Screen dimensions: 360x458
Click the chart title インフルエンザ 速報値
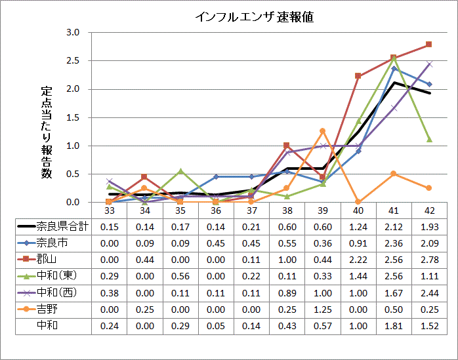(x=254, y=17)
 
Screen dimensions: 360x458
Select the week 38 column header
(x=287, y=210)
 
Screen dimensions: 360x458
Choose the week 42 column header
(x=428, y=210)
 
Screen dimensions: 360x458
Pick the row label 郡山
(x=47, y=259)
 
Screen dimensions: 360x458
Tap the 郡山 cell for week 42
(x=428, y=259)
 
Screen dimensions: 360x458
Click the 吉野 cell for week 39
(x=322, y=308)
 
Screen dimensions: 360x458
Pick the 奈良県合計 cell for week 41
(x=393, y=227)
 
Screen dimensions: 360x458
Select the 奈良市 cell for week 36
(x=216, y=243)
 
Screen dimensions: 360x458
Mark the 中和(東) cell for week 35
(x=180, y=275)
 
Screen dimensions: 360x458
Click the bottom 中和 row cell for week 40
(x=358, y=325)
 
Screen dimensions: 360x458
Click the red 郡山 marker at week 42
(x=428, y=45)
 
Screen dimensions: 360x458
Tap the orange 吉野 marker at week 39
(x=322, y=131)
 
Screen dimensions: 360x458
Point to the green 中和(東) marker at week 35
(x=180, y=170)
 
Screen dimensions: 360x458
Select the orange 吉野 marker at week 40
(x=358, y=202)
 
